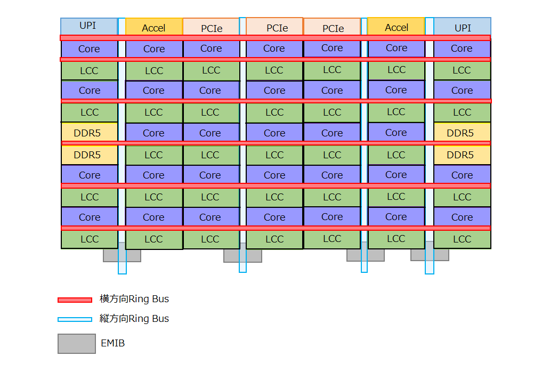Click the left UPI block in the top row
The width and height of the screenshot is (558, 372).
(x=88, y=26)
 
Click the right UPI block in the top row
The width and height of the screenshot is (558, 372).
(x=462, y=27)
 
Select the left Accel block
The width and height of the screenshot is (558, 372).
(x=153, y=27)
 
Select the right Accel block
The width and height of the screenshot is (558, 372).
(x=396, y=27)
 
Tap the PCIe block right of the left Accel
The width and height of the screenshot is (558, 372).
(x=211, y=28)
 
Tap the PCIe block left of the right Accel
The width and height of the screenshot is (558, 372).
(x=332, y=28)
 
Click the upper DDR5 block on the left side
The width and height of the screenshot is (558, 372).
(x=88, y=133)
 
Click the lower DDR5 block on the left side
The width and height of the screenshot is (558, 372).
(x=88, y=155)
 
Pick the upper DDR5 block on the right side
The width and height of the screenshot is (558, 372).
(x=462, y=133)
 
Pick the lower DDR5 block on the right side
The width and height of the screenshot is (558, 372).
(x=462, y=155)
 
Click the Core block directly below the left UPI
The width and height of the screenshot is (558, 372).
(x=88, y=49)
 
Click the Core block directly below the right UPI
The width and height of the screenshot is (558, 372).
(x=462, y=48)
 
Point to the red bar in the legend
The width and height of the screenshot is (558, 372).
(x=75, y=300)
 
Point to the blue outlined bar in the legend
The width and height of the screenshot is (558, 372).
(x=75, y=319)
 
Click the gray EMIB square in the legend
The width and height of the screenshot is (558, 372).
(x=76, y=344)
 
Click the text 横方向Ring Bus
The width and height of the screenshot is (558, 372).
(x=134, y=299)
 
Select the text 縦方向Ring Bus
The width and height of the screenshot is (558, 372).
(x=134, y=319)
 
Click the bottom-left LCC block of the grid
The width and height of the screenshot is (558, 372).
(x=88, y=239)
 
